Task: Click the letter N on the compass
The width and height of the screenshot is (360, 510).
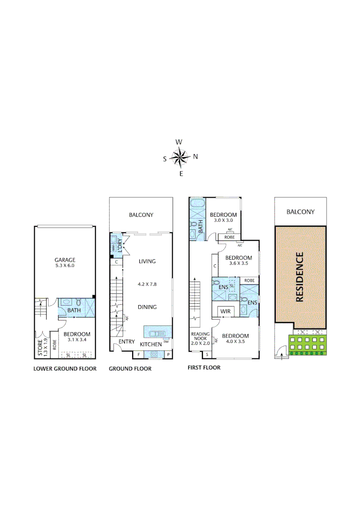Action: [195, 157]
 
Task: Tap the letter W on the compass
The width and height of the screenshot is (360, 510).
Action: [179, 142]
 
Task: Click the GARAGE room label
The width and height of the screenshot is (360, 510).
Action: [65, 260]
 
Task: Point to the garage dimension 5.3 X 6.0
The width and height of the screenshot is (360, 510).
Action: [65, 266]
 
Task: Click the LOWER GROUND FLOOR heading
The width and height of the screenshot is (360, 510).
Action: [65, 369]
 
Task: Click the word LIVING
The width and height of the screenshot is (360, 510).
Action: [147, 261]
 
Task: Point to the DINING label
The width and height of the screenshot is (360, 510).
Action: [147, 307]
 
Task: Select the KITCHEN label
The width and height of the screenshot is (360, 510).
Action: [151, 344]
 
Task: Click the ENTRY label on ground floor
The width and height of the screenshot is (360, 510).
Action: [127, 342]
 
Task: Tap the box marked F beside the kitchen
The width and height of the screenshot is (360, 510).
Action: [139, 354]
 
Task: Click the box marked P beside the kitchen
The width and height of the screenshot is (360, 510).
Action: [168, 354]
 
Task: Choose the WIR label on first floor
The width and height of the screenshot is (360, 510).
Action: [225, 312]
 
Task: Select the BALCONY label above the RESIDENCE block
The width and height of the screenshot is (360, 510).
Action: [301, 212]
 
